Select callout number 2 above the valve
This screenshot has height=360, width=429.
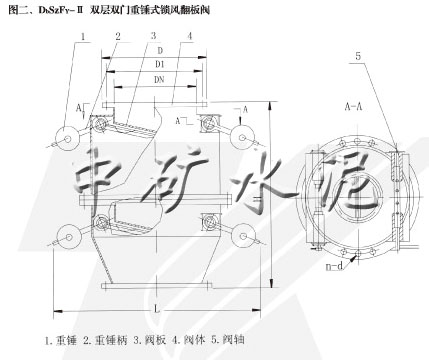117,35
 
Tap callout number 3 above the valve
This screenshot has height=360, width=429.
154,35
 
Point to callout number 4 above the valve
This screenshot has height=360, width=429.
189,35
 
